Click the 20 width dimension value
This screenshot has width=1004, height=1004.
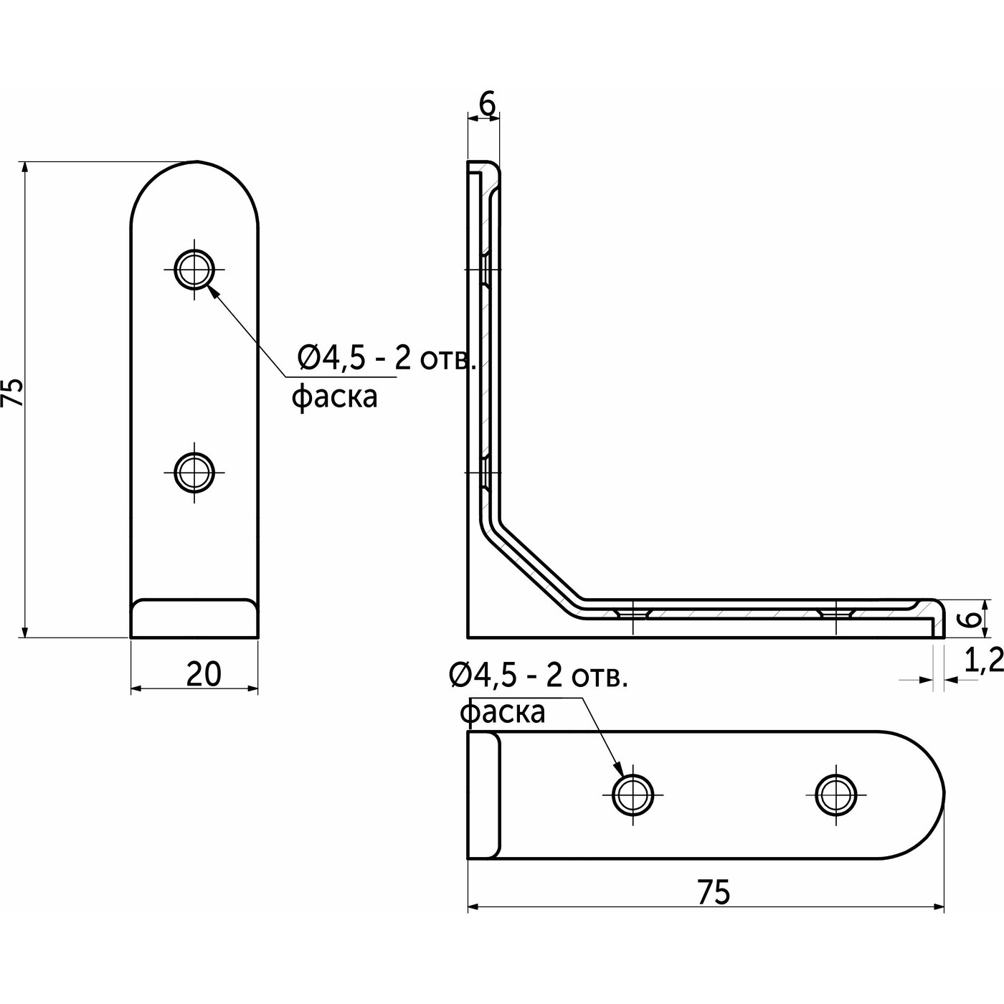point(204,674)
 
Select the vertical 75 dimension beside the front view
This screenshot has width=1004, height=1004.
point(14,392)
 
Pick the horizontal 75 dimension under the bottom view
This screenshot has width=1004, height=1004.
point(714,891)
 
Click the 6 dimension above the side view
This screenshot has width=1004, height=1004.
point(486,105)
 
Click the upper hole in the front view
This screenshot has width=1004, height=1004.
point(194,270)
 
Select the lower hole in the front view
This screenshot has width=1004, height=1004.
point(194,473)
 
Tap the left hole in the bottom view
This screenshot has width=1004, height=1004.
point(633,794)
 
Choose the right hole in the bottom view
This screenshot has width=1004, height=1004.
point(836,794)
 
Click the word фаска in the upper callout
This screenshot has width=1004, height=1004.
point(334,397)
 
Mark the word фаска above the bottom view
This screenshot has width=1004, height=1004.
point(502,712)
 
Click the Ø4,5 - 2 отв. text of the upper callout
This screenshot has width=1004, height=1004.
point(386,359)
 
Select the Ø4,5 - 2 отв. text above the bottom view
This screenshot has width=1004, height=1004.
point(538,676)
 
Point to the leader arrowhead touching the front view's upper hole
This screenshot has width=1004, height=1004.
point(211,289)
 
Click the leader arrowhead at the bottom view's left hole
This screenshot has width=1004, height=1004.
point(619,771)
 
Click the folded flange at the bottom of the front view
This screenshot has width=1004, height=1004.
point(194,618)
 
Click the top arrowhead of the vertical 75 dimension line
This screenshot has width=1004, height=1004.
point(25,167)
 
